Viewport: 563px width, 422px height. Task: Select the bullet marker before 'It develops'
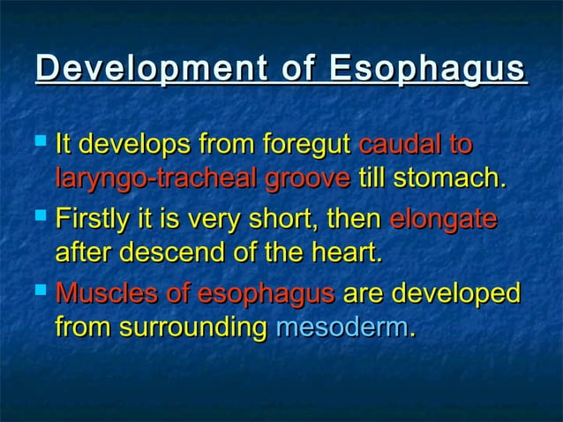43,141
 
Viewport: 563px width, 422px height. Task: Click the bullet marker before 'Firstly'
43,215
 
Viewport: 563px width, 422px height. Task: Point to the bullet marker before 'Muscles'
43,290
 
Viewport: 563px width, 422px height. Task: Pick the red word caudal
395,143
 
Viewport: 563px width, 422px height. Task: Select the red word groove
306,179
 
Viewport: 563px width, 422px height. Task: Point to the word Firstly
93,217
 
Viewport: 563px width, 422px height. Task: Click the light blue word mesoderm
341,329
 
